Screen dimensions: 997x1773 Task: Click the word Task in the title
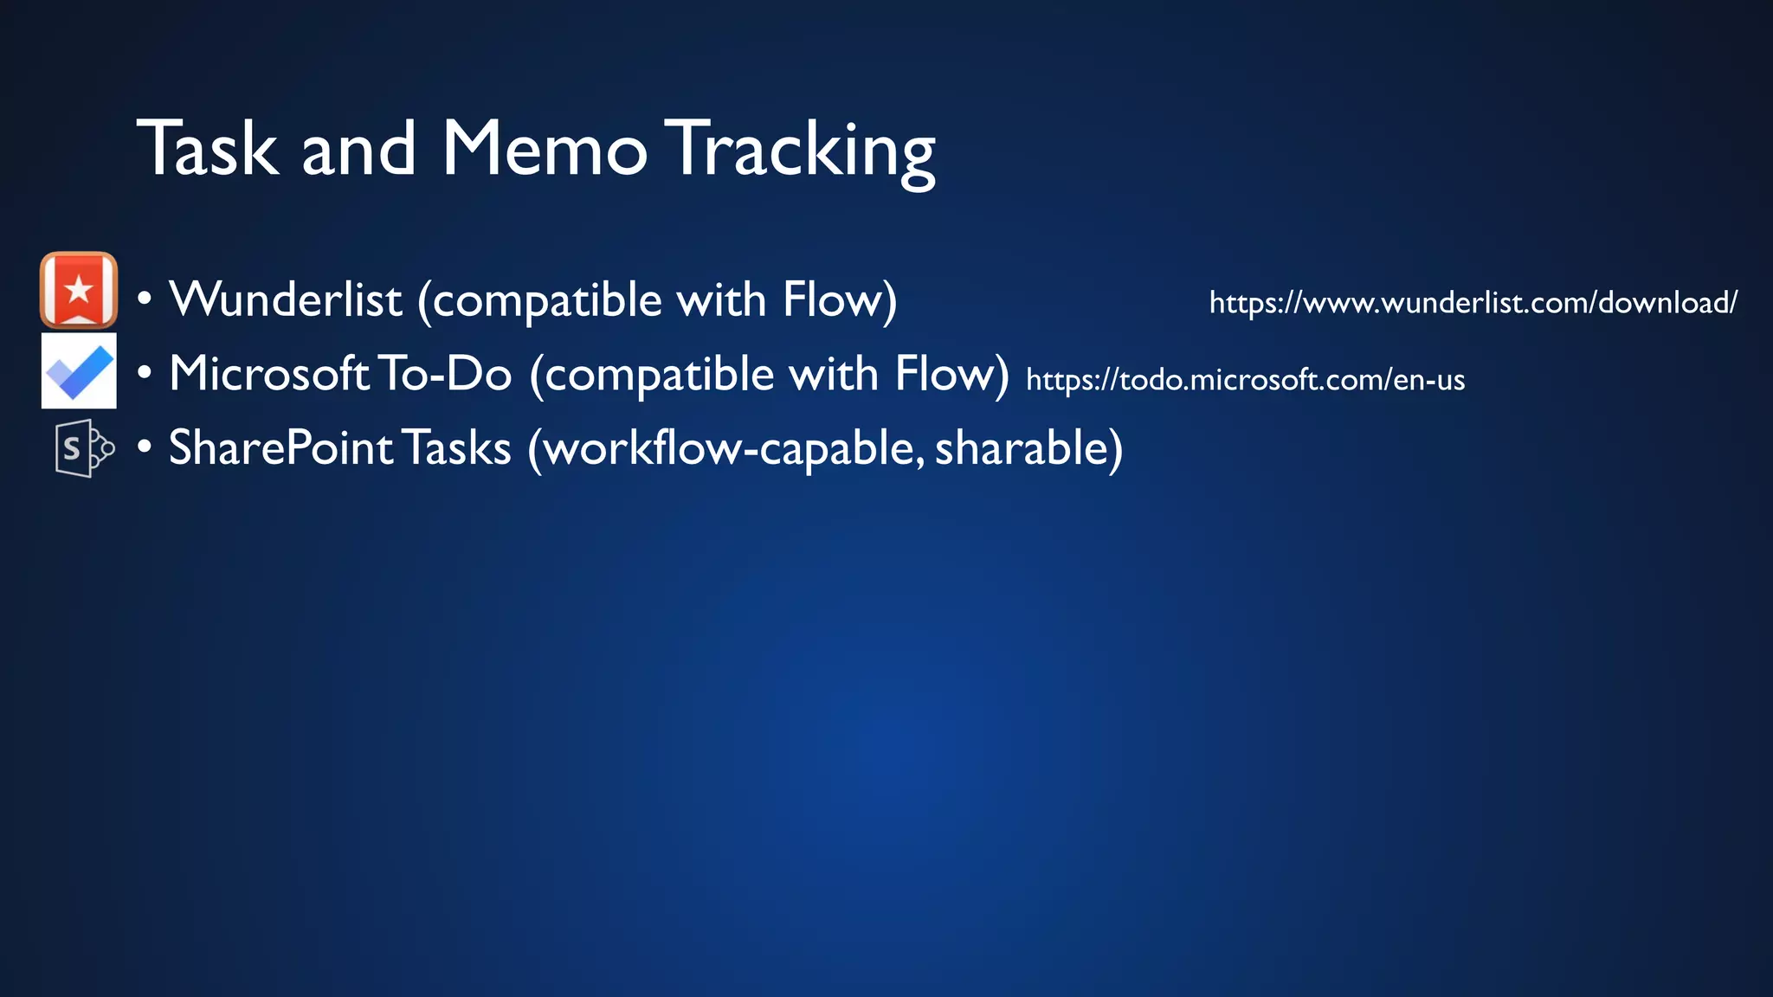(208, 149)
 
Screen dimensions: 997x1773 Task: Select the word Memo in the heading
(544, 149)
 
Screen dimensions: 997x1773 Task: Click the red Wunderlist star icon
(79, 290)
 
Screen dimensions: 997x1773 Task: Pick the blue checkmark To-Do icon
(79, 371)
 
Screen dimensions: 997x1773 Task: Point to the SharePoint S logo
(83, 448)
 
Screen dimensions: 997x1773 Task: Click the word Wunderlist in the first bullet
(286, 300)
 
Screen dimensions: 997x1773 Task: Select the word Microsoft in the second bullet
(270, 374)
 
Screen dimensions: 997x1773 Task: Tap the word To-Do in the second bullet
(445, 374)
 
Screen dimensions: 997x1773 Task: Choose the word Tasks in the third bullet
(456, 448)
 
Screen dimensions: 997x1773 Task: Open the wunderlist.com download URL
(1473, 303)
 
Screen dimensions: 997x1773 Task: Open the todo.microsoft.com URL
(1245, 379)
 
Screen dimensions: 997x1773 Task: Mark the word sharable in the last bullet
(1022, 448)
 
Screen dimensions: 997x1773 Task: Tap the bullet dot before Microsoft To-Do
(145, 374)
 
